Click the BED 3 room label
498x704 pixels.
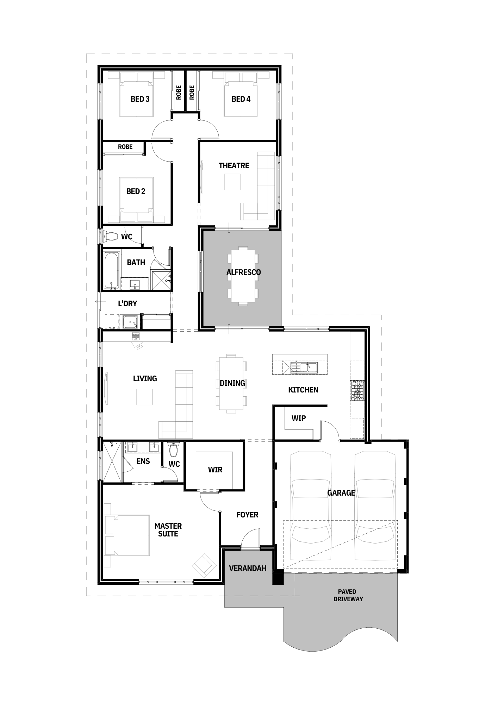tap(140, 99)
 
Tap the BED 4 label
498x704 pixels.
tap(241, 99)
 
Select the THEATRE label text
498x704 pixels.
tap(234, 165)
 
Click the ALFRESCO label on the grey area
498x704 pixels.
tap(244, 272)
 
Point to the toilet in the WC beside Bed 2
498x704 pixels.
tap(111, 236)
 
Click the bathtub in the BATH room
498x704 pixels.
tap(112, 270)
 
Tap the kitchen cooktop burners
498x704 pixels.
tap(357, 391)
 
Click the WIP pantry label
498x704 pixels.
tap(299, 418)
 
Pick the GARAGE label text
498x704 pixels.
tap(341, 493)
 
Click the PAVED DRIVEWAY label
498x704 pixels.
tap(348, 595)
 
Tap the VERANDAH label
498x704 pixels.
tap(248, 568)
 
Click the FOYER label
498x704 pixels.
tap(247, 515)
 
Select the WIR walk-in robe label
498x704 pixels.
tap(215, 470)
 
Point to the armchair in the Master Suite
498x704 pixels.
tap(204, 565)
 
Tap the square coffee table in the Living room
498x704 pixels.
tap(144, 397)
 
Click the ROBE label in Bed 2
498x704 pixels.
tap(125, 147)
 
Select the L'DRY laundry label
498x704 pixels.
tap(127, 303)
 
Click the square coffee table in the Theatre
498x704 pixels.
tap(232, 182)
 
